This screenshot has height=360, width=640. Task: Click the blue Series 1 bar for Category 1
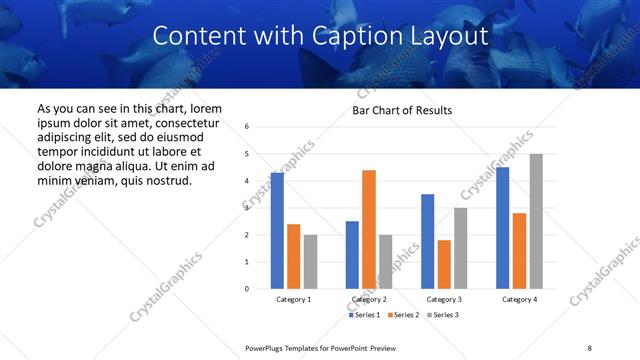(x=277, y=231)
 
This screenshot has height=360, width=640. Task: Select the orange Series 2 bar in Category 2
(x=369, y=229)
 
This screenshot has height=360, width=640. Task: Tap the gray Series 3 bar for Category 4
(x=536, y=221)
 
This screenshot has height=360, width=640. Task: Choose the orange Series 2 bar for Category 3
(x=444, y=264)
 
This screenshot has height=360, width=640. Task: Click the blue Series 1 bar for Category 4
(x=503, y=228)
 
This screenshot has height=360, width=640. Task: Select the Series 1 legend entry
(x=363, y=315)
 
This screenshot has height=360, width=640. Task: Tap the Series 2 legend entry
(x=402, y=315)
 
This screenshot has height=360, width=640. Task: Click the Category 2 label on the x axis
(x=369, y=299)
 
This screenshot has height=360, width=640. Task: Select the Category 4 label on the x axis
(x=519, y=299)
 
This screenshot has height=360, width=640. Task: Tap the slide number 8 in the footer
(x=590, y=347)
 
